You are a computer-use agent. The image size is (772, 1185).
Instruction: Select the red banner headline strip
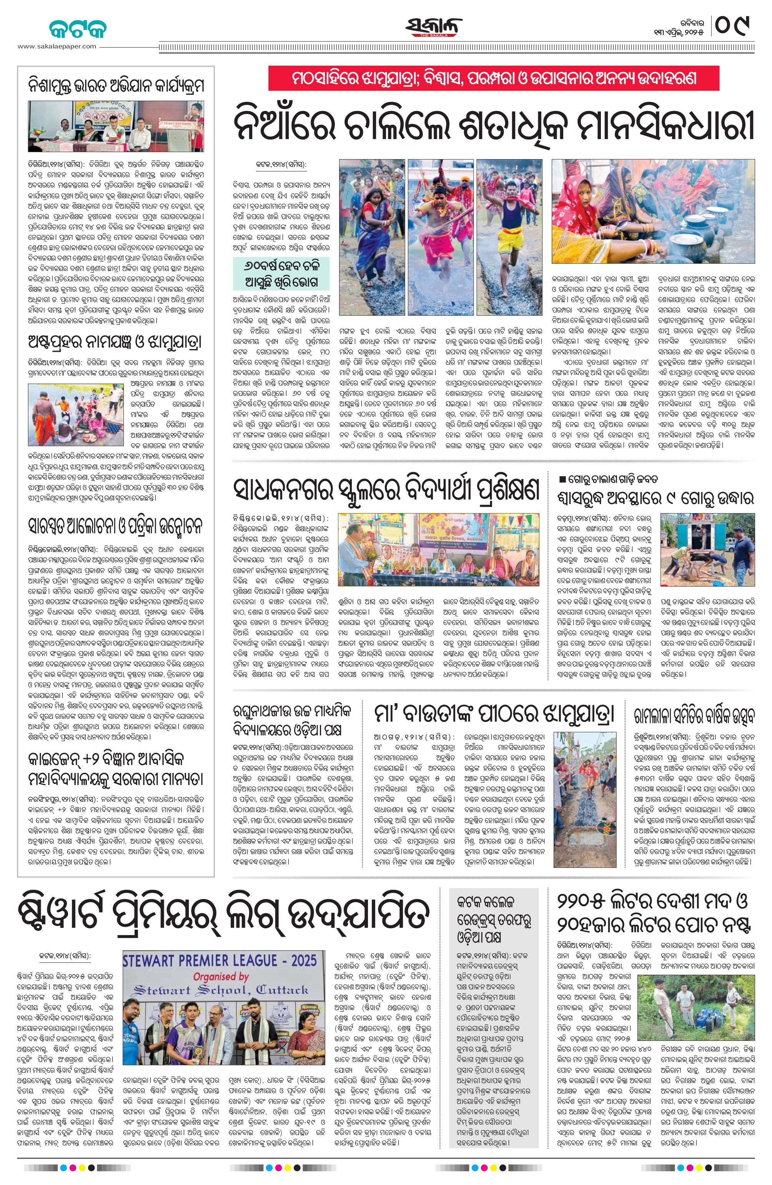[x=494, y=79]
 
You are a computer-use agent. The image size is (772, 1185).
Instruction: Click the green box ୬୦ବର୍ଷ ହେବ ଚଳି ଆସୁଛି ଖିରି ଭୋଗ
[x=283, y=273]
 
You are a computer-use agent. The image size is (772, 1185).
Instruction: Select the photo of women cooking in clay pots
[x=653, y=212]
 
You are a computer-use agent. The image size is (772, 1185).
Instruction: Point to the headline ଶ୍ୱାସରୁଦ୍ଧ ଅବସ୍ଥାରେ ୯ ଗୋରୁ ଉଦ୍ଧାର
[x=656, y=499]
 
